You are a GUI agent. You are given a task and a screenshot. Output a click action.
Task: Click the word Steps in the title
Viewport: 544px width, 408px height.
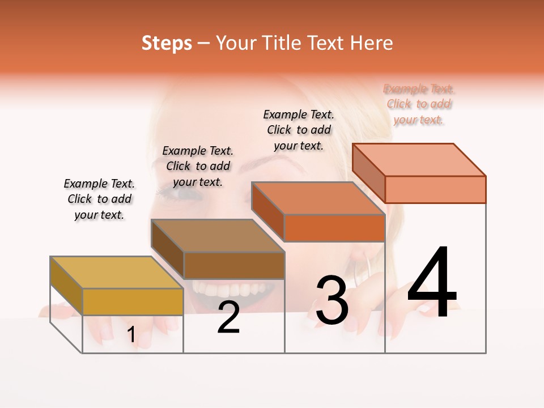tap(167, 43)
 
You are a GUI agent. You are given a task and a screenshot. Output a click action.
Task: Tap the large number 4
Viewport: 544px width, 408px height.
tap(432, 283)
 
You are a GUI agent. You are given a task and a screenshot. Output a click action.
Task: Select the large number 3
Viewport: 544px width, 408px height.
tap(331, 300)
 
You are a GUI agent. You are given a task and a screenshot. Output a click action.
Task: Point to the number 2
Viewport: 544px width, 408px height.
tap(228, 318)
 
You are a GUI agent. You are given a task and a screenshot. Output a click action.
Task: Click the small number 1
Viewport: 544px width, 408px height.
tap(131, 335)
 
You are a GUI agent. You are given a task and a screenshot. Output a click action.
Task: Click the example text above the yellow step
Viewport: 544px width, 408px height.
tap(99, 199)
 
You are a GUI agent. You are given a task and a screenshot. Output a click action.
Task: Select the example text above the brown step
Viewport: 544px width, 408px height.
tap(198, 166)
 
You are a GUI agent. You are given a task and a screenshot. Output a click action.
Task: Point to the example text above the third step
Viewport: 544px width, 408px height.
tap(299, 130)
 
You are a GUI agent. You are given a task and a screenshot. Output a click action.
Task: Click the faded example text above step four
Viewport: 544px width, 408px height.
tap(418, 104)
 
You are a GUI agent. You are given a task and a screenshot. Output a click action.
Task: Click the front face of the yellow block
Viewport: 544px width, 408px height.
tap(133, 301)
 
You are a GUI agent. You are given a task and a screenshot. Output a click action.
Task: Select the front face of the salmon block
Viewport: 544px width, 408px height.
tap(435, 189)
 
